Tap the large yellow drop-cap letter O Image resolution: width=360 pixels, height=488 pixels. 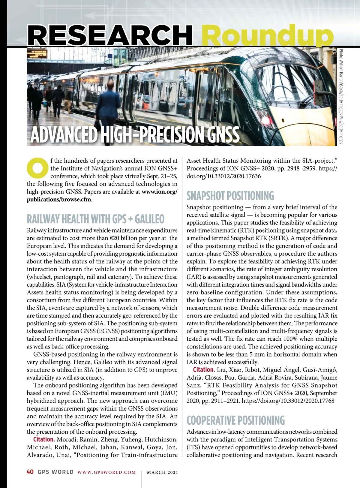[37, 167]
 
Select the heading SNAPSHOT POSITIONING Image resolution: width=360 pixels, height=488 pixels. [230, 196]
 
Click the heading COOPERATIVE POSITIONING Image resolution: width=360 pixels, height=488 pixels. [235, 420]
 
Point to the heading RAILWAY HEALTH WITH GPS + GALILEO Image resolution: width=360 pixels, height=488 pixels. [95, 219]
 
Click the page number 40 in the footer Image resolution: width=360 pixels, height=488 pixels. [30, 472]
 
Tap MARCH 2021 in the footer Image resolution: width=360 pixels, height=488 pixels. [162, 472]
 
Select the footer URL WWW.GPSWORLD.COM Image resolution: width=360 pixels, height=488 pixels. [106, 472]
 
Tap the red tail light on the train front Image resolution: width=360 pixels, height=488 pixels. [266, 120]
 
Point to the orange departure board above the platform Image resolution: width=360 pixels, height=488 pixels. [37, 54]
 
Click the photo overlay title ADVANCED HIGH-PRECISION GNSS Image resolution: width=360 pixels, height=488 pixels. [135, 135]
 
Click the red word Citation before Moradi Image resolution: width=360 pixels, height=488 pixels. [44, 440]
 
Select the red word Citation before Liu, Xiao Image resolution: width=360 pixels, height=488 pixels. [204, 370]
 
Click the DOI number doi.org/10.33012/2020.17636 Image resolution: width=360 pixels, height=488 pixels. [224, 176]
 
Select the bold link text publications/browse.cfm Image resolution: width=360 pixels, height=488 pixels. [59, 200]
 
